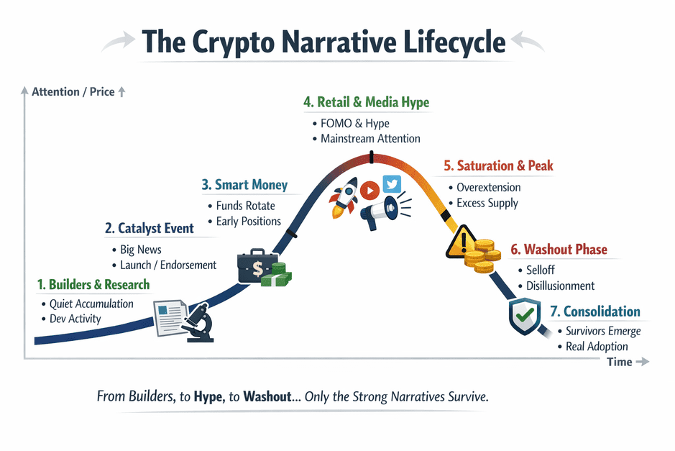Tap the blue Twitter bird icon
[392, 185]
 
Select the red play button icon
[369, 191]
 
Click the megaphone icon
[380, 211]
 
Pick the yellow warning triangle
[460, 242]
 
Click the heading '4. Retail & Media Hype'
[366, 103]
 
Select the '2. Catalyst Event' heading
[150, 229]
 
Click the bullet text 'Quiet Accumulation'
[91, 304]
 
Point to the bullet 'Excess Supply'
[487, 204]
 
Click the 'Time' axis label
[619, 362]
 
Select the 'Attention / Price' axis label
[73, 92]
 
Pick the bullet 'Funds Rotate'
[245, 206]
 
